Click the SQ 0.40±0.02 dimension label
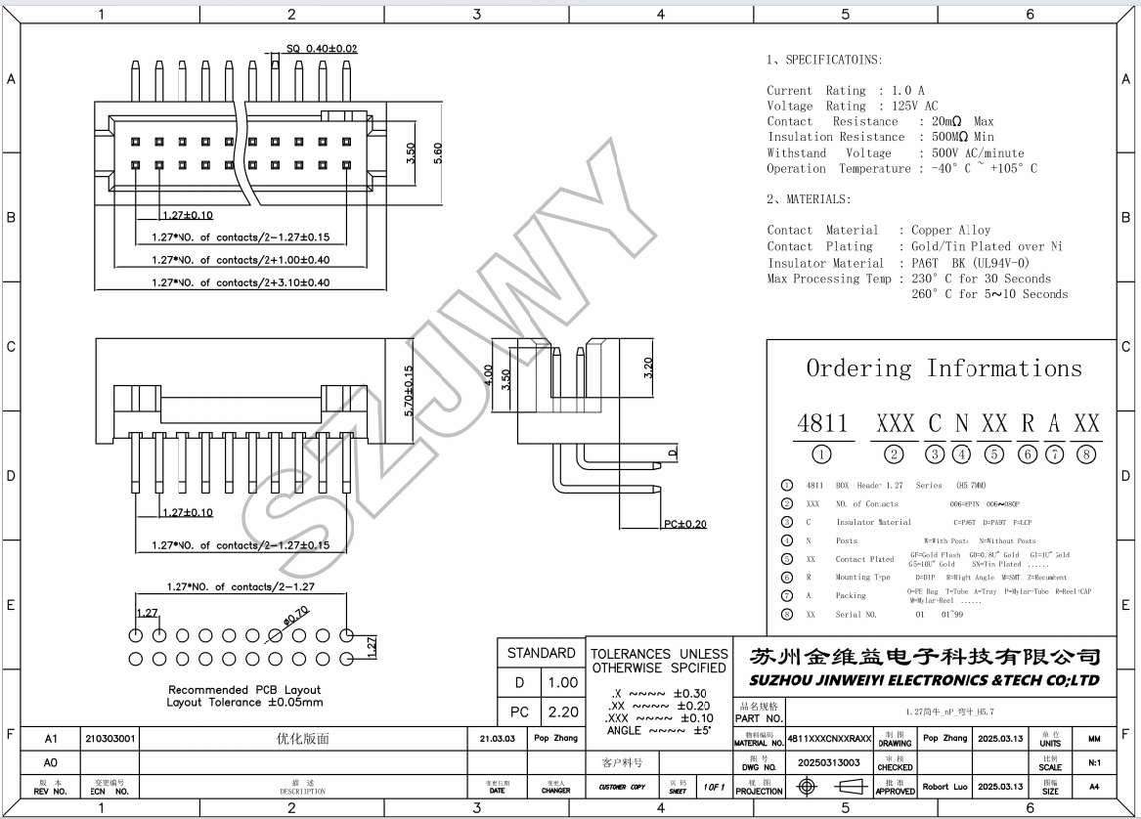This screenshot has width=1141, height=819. coord(322,49)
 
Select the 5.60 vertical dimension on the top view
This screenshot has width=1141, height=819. coord(438,153)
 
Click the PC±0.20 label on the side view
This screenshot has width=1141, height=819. coord(684,525)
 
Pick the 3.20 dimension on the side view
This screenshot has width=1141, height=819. coord(648,368)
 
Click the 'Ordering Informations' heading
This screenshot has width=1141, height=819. coord(944,368)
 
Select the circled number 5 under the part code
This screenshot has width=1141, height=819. coord(995,453)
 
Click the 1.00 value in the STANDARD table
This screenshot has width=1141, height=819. coord(562,682)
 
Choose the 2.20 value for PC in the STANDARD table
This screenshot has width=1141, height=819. coord(562,712)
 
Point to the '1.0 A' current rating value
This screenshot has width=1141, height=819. coord(907,91)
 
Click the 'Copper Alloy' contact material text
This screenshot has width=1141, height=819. coord(950,231)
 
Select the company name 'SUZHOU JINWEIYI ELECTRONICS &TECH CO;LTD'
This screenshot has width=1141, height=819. coord(924,680)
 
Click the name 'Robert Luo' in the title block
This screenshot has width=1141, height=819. coord(944,787)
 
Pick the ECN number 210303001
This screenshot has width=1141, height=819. coord(110,739)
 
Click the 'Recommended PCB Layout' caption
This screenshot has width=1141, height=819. coord(244,690)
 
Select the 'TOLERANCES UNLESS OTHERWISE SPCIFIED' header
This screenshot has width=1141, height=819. coord(660,661)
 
